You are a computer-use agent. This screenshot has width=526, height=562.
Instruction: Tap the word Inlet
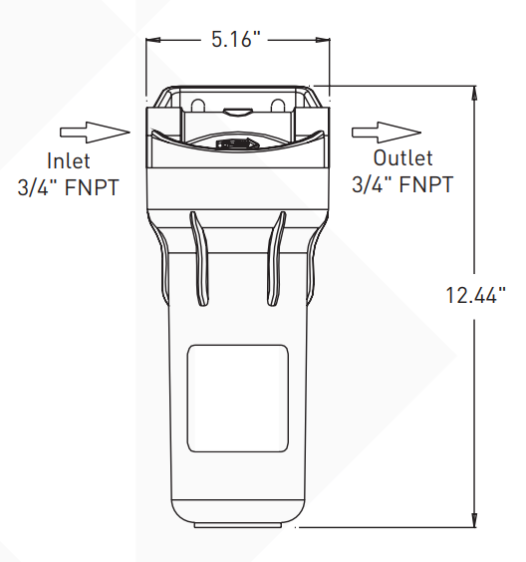[x=69, y=159]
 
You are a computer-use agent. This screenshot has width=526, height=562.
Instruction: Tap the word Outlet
[x=402, y=158]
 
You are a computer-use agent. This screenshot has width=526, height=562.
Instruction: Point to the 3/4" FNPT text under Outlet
[x=402, y=184]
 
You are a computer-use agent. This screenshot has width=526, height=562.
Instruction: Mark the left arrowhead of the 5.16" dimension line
[x=154, y=41]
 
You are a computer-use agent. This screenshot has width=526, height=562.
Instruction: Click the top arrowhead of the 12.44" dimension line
[x=471, y=92]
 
